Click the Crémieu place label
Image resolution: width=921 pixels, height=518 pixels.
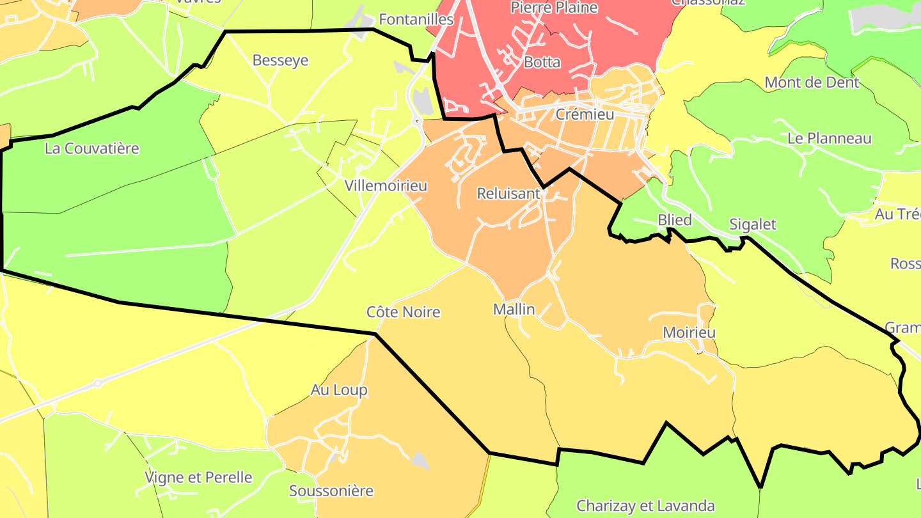click(585, 115)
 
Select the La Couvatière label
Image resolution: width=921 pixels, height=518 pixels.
click(91, 149)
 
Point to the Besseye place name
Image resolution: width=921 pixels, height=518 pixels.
click(280, 61)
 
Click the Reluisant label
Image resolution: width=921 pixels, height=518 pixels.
click(508, 193)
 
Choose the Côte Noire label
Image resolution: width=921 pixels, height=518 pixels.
click(403, 312)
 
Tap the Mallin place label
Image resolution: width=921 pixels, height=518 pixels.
click(514, 310)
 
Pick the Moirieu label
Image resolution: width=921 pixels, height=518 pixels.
click(689, 333)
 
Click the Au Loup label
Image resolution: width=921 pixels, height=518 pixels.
click(339, 390)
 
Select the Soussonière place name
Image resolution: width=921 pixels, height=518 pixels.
click(331, 491)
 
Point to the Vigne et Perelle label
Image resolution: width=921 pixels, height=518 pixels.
click(199, 478)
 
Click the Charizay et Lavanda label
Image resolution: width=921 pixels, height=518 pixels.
click(645, 506)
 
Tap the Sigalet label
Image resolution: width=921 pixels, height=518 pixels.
click(753, 224)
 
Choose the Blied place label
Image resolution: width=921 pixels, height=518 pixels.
click(675, 220)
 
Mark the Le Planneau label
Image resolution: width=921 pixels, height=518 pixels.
click(829, 138)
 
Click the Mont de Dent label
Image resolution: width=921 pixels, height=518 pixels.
click(812, 82)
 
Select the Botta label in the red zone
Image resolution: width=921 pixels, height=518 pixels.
click(542, 63)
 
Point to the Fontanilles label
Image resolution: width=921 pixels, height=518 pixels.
click(416, 19)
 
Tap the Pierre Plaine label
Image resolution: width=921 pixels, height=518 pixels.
click(554, 8)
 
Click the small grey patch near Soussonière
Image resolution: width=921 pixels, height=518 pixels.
click(420, 459)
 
